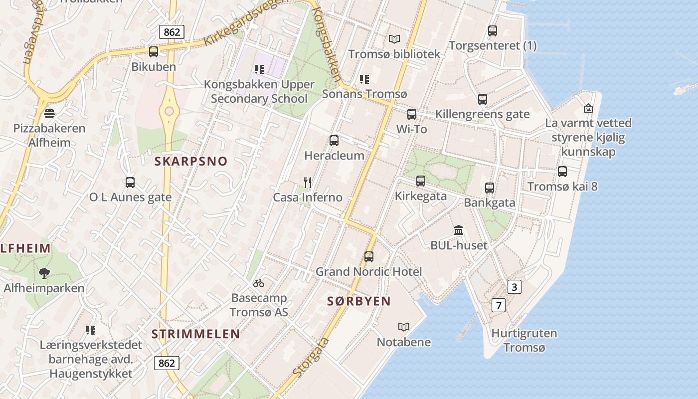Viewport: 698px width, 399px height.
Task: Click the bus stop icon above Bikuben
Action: pos(154,51)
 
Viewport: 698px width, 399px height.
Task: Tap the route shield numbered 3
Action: pos(515,287)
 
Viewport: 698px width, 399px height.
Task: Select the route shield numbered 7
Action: pos(498,305)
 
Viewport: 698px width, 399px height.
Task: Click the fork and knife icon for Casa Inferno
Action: pos(308,183)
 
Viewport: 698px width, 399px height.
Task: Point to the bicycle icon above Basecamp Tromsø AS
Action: pos(258,283)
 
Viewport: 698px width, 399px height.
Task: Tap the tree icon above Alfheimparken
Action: pos(44,273)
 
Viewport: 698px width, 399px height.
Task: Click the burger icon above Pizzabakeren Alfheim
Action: pos(49,113)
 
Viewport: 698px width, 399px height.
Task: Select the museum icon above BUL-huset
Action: pos(459,230)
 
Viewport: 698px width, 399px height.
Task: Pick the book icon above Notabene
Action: pos(403,327)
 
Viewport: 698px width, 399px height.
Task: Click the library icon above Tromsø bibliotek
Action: pos(394,38)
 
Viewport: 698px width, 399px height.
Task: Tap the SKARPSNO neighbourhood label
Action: pos(190,161)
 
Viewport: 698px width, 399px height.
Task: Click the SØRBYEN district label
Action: pos(359,301)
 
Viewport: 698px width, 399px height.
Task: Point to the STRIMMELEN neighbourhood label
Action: pos(195,334)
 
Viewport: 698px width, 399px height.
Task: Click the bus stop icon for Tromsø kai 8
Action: pos(562,172)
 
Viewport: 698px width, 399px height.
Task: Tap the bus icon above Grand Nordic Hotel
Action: pos(369,257)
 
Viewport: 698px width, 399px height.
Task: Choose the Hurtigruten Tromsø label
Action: pos(524,340)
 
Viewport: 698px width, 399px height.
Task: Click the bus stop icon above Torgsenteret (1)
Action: pos(493,31)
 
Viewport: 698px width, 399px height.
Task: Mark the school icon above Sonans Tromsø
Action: pos(364,79)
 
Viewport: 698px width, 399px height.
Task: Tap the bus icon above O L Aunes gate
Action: pos(130,183)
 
